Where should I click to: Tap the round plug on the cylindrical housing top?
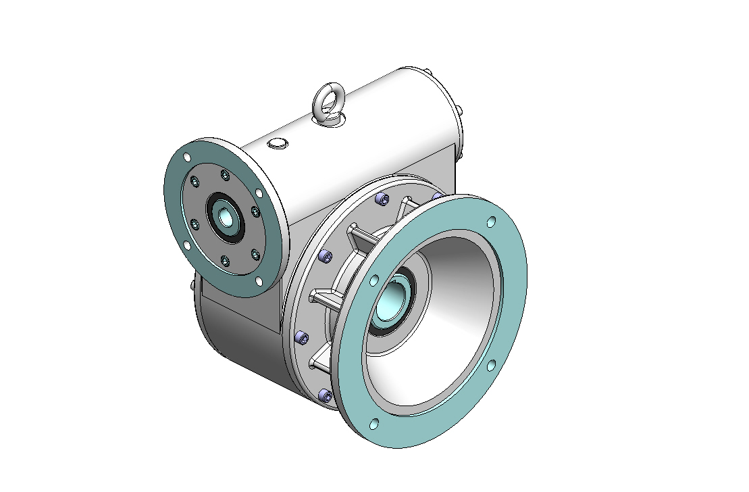[278, 143]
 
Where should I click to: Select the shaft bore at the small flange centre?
[224, 218]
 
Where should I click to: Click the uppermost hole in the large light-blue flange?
[491, 222]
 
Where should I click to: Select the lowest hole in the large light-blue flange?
[374, 424]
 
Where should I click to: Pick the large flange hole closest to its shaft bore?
[373, 279]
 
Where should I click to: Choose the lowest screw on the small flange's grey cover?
[226, 260]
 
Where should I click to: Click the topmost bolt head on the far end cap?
[428, 70]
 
